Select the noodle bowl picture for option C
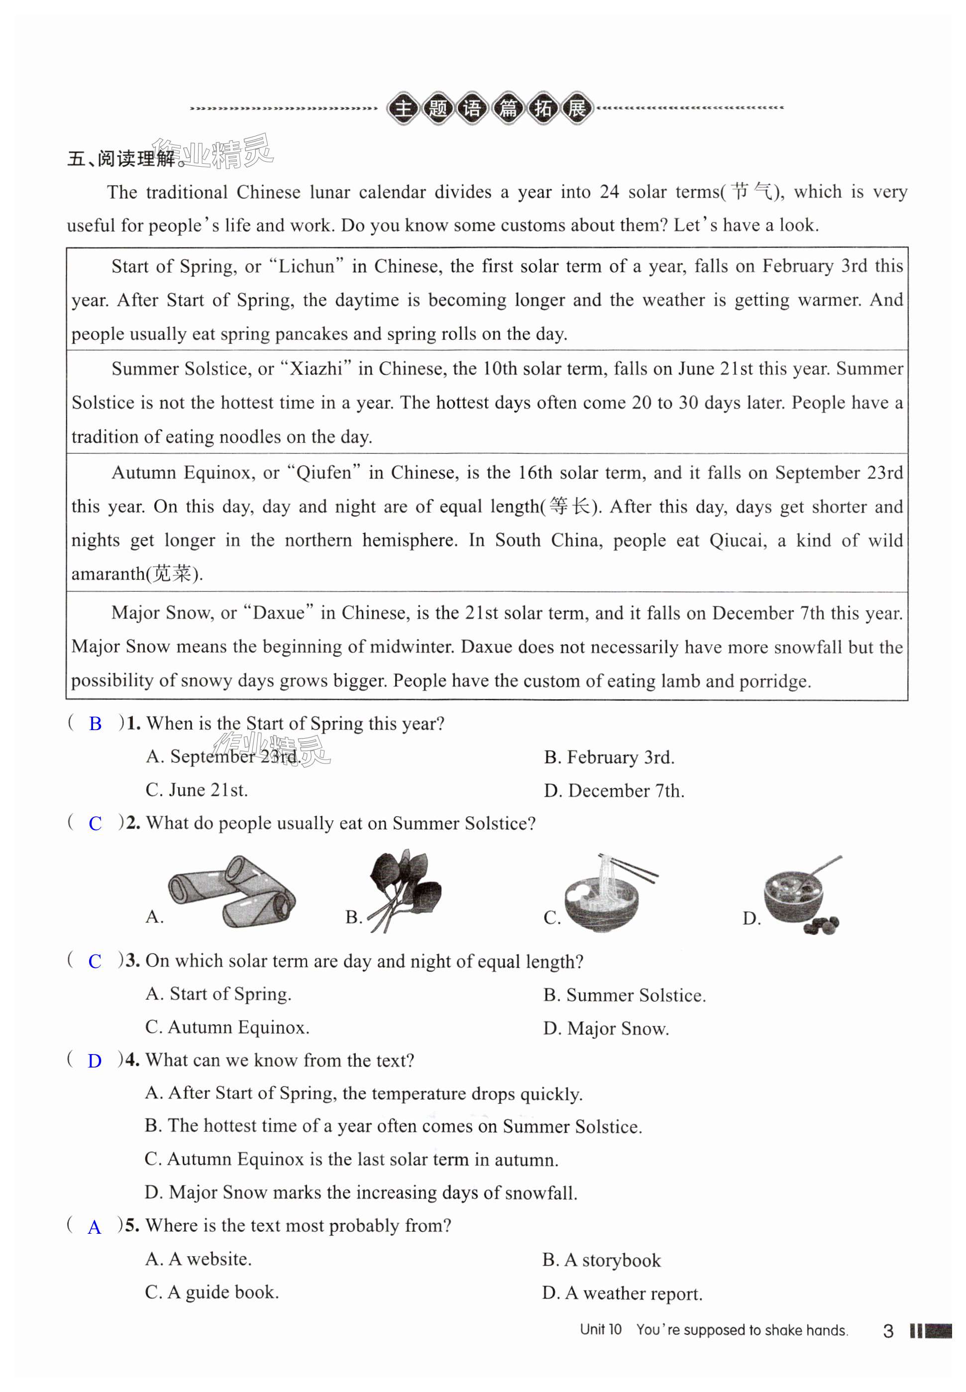click(x=607, y=893)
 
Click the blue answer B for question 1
click(x=95, y=724)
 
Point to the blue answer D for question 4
click(x=95, y=1061)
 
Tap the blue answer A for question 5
click(x=95, y=1227)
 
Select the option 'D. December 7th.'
click(x=614, y=790)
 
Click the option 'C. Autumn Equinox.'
click(x=227, y=1027)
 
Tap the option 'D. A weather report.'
click(x=622, y=1293)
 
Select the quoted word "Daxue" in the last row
click(x=278, y=613)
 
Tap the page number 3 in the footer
click(x=888, y=1330)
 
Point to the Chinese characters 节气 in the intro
click(x=751, y=192)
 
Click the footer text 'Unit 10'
click(x=600, y=1329)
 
